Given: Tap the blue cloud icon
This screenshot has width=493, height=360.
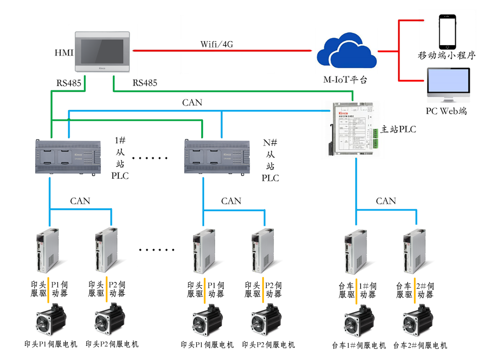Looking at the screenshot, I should (346, 53).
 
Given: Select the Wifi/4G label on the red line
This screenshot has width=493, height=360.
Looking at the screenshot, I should (217, 44).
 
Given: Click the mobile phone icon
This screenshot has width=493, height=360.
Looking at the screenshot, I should (447, 31).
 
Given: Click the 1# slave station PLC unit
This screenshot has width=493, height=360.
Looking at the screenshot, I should (68, 157).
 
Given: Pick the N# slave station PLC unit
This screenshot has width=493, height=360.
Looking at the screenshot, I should (216, 157).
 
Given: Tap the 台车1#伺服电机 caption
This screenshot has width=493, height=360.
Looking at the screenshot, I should (359, 345).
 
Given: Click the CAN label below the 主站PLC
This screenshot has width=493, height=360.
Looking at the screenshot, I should (386, 201).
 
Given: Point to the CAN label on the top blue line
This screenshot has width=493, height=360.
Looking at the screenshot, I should (192, 103).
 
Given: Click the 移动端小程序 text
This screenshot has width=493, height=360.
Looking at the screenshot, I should (447, 56).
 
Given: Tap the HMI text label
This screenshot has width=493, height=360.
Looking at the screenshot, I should (64, 53).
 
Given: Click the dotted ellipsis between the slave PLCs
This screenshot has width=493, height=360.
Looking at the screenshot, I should (150, 158).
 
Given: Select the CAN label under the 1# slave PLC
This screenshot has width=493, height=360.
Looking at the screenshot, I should (80, 201).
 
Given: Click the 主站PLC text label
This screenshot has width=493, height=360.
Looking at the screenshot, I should (398, 130).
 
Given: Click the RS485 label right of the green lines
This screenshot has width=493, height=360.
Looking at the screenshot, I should (145, 83).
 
